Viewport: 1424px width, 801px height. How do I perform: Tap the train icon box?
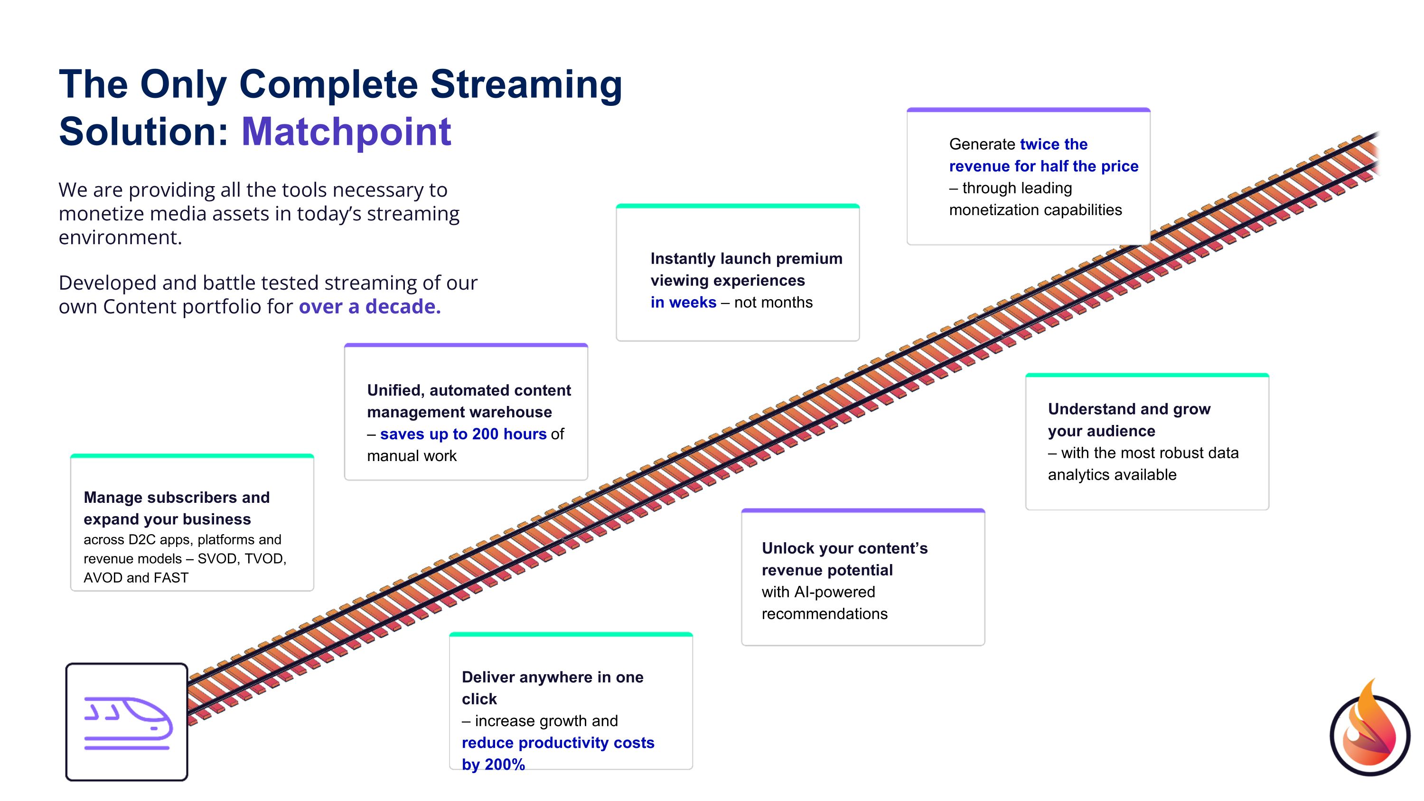point(127,722)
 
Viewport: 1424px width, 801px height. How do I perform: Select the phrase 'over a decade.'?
point(369,306)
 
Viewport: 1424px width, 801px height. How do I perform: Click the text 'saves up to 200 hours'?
point(463,434)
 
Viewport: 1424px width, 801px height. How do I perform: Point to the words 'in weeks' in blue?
point(683,302)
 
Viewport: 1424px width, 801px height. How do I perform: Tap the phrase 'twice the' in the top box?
point(1053,144)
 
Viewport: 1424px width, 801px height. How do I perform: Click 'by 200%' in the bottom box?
point(493,764)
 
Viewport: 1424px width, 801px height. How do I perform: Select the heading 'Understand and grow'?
point(1129,409)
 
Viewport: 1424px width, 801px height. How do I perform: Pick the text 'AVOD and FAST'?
point(136,578)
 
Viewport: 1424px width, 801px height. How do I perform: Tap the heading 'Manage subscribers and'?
point(177,498)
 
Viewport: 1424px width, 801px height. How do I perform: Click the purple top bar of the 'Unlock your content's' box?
point(862,511)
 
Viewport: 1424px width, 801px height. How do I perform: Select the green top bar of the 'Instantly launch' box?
point(738,206)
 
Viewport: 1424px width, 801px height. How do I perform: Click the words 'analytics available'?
point(1112,475)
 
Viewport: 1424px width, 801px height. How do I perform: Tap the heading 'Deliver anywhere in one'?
point(552,677)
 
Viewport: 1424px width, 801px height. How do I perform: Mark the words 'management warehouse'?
point(459,413)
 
